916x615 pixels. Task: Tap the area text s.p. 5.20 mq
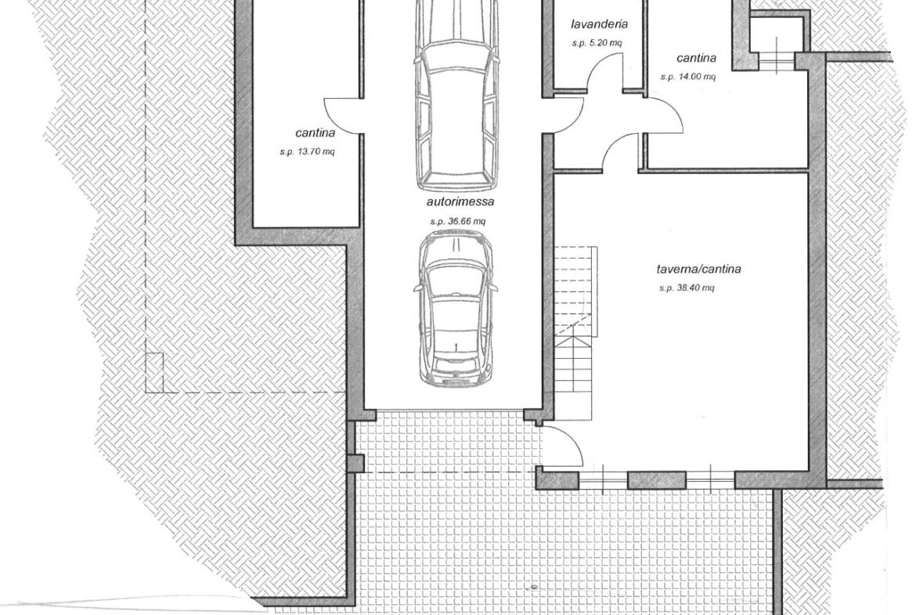pos(597,43)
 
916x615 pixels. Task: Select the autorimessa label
pos(460,201)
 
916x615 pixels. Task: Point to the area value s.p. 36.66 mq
pos(458,222)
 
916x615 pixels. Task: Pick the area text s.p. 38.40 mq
pos(687,288)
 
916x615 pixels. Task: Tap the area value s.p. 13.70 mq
pos(307,152)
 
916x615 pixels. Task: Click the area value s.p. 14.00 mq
pos(688,77)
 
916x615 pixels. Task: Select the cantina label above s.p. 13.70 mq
pos(316,132)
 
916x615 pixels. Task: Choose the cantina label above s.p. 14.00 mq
pos(696,58)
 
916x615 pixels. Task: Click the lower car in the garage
pos(456,308)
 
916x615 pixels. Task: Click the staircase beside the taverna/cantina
pos(575,332)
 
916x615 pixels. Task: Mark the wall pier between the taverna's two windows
pos(657,480)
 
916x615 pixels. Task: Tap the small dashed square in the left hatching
pos(154,372)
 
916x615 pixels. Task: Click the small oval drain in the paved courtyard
pos(534,587)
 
